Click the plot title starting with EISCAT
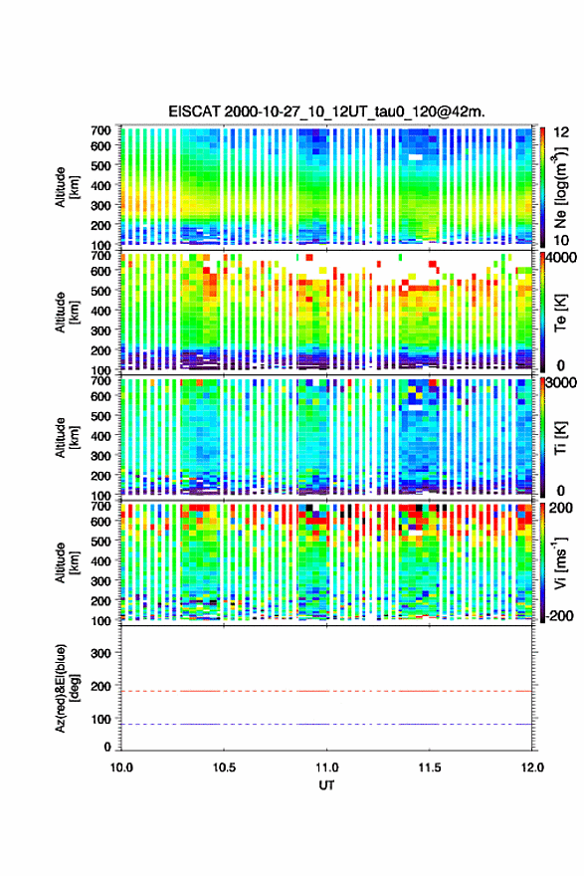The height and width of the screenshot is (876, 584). tap(326, 111)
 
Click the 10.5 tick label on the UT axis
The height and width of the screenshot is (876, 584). tap(224, 767)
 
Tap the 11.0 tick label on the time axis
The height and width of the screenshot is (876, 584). tap(326, 767)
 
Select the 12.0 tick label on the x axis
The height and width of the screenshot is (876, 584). tap(532, 767)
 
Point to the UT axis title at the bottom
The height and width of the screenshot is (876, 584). tap(326, 785)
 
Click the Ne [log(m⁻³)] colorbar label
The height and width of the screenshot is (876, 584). tap(560, 187)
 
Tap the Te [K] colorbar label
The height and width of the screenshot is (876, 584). tap(560, 313)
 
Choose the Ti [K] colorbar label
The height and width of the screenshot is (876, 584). tap(560, 437)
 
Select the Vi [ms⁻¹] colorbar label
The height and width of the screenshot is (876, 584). tap(560, 562)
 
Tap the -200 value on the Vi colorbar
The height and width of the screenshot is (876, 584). tap(558, 615)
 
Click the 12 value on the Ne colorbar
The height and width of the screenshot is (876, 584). tap(562, 132)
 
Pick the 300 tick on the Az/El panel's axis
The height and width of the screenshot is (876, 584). tap(100, 653)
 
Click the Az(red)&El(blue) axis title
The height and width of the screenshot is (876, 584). tap(67, 688)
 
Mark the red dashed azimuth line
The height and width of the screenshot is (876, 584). tap(326, 691)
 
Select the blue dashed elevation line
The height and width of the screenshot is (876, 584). tap(326, 724)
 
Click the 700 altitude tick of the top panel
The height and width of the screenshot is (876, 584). tap(100, 130)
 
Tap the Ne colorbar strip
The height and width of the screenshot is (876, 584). tap(542, 187)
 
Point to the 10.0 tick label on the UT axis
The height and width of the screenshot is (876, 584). tap(121, 767)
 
